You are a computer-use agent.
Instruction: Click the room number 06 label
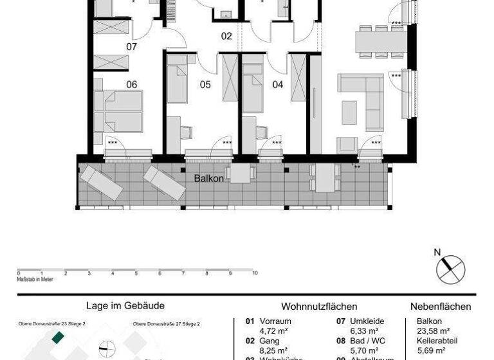[131, 84]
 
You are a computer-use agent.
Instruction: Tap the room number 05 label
[205, 84]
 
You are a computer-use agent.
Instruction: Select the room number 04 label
[278, 84]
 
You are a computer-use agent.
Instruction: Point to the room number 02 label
[226, 37]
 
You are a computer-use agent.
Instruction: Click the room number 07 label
[131, 47]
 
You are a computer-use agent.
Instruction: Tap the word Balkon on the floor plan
[209, 178]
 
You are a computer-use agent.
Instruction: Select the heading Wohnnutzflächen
[319, 307]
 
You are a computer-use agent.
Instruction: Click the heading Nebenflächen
[441, 307]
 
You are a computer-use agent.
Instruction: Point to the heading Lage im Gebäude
[125, 307]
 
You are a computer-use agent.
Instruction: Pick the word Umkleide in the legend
[367, 321]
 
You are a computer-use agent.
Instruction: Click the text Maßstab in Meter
[35, 279]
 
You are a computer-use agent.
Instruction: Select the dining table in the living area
[381, 42]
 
